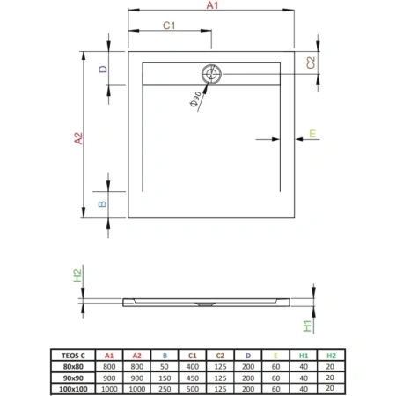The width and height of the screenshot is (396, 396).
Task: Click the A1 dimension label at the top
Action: coord(212,5)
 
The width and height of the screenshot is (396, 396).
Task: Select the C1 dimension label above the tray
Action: coord(169,26)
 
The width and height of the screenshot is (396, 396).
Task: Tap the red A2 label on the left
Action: coord(78,138)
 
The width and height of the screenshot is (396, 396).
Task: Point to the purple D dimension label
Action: coord(103,69)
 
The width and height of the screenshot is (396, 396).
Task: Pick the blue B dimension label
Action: coord(102,204)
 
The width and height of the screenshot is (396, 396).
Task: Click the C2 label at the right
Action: coord(311,62)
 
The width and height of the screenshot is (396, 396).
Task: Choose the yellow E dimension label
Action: coord(312,134)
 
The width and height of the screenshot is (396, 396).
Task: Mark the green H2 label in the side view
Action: coord(77,275)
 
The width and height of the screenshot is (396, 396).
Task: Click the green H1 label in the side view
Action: coord(307,326)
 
